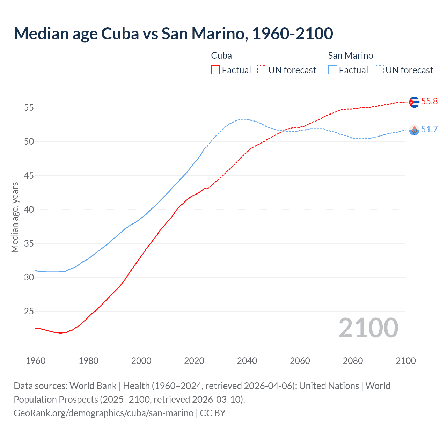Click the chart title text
pos(173,34)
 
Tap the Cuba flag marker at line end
pos(414,102)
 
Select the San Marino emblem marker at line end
pos(414,130)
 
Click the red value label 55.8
pos(429,102)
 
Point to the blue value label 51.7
pos(429,130)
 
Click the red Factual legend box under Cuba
pos(215,70)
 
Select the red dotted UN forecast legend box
pos(262,70)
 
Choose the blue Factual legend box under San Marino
pos(332,70)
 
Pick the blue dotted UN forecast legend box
pos(379,70)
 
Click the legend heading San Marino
pos(350,56)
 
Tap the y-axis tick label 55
pos(29,108)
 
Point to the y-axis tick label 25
pos(29,312)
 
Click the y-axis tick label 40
pos(29,210)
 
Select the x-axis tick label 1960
pos(36,361)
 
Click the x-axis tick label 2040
pos(247,361)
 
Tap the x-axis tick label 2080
pos(353,361)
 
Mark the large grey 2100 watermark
pos(368,328)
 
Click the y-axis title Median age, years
pos(15,217)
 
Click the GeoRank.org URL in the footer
pos(103,413)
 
